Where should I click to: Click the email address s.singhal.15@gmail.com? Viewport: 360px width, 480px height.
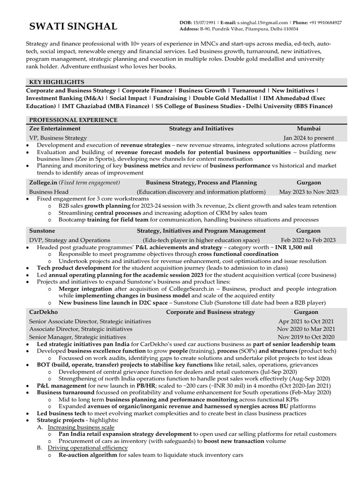click(262, 22)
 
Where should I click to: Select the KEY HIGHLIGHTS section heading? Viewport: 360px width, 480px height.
click(56, 82)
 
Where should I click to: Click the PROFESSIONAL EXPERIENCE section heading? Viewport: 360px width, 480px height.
click(73, 120)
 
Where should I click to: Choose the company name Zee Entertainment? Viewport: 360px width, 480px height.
click(54, 128)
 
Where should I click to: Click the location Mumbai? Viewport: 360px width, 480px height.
click(308, 128)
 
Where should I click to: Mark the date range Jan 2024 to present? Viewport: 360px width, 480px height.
click(308, 138)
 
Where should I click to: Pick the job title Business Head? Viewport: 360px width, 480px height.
click(48, 192)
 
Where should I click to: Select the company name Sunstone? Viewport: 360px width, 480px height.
click(42, 231)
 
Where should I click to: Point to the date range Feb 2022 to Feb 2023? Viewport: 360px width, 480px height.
click(308, 240)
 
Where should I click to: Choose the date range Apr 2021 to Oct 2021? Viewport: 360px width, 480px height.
click(306, 322)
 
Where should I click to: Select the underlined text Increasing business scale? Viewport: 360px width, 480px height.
click(81, 427)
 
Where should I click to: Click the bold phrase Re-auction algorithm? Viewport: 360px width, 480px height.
click(88, 455)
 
